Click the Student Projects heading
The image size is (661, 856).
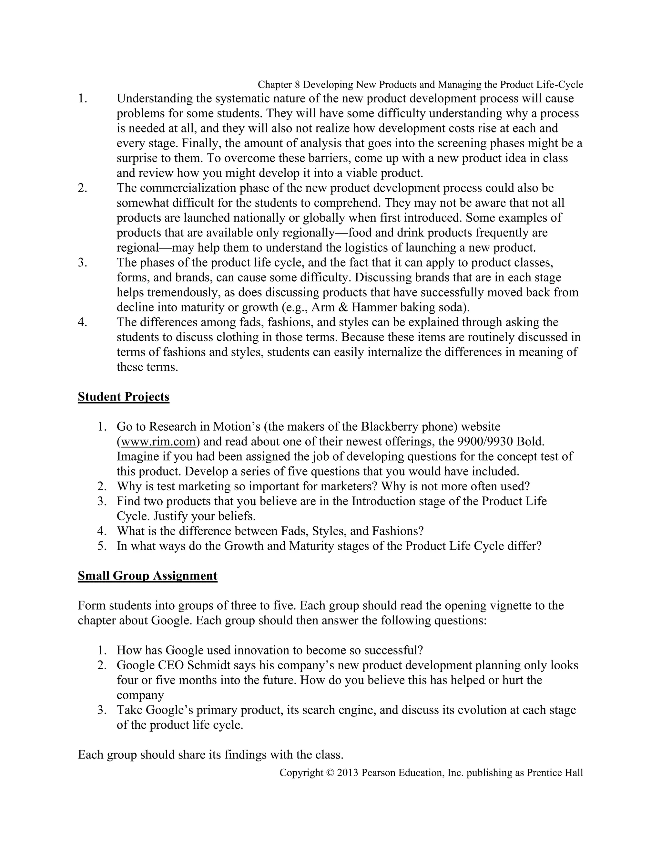pyautogui.click(x=123, y=397)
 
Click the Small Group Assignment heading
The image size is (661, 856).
pyautogui.click(x=147, y=576)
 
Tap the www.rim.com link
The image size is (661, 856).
pyautogui.click(x=158, y=442)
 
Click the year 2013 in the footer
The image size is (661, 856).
pyautogui.click(x=348, y=773)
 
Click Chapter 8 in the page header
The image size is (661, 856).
pyautogui.click(x=279, y=85)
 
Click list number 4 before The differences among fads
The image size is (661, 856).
pyautogui.click(x=82, y=322)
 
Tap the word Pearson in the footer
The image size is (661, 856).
pyautogui.click(x=376, y=773)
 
